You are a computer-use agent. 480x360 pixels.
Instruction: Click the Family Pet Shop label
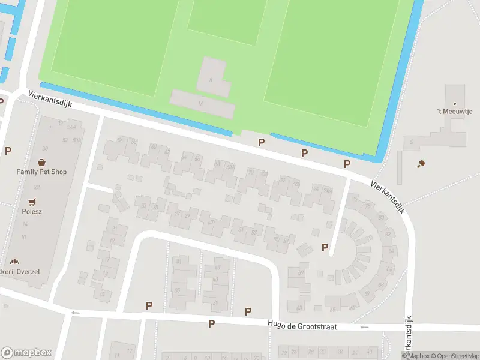tap(41, 172)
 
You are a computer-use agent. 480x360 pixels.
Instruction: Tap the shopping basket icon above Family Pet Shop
tap(41, 162)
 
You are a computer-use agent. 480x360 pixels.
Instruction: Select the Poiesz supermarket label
tap(32, 211)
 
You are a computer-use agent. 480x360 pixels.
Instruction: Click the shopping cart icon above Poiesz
tap(32, 202)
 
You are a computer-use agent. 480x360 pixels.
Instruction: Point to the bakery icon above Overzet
tap(15, 262)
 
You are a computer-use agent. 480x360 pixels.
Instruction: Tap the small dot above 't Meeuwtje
tap(454, 103)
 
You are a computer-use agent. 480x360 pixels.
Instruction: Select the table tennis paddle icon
tap(421, 164)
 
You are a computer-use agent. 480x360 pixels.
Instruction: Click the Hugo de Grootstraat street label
tap(302, 326)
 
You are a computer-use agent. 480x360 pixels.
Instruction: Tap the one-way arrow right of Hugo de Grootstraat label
tap(364, 327)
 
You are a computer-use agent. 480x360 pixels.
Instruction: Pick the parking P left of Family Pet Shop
tap(8, 151)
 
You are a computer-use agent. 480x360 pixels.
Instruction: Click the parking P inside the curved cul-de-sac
tap(325, 247)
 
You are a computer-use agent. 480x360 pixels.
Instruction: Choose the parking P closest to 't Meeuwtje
tap(347, 164)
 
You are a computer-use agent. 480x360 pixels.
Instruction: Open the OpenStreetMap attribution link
tap(454, 355)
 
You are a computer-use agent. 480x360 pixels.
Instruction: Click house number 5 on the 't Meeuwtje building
tap(412, 142)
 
